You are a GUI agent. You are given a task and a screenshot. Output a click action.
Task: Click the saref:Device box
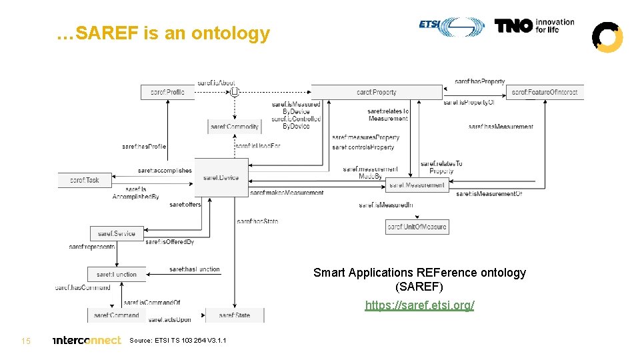click(221, 177)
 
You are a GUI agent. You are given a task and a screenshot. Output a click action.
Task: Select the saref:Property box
click(377, 92)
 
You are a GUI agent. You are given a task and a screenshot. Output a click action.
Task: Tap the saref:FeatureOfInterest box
click(545, 92)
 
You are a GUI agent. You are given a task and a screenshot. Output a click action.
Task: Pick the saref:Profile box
click(167, 92)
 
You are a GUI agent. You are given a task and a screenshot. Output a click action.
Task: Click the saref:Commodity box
click(234, 127)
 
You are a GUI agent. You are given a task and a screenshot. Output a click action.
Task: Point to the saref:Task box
click(85, 180)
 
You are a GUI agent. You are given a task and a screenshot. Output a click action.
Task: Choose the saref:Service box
click(116, 233)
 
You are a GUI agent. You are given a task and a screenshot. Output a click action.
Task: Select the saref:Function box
click(116, 274)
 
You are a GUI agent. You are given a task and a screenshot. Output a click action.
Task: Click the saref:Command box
click(116, 315)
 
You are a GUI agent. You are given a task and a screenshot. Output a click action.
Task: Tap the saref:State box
click(235, 315)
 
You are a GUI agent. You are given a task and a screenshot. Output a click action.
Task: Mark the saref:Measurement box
click(417, 185)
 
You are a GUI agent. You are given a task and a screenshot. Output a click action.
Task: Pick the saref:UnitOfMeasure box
click(417, 227)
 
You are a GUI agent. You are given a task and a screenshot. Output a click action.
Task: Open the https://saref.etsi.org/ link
click(419, 305)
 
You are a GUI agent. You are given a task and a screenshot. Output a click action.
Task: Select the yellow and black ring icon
click(607, 37)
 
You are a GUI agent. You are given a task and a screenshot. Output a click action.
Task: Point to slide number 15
click(26, 341)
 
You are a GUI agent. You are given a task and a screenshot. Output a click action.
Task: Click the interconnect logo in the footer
click(87, 341)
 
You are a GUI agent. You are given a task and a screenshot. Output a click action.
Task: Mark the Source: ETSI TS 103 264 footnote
click(177, 341)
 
